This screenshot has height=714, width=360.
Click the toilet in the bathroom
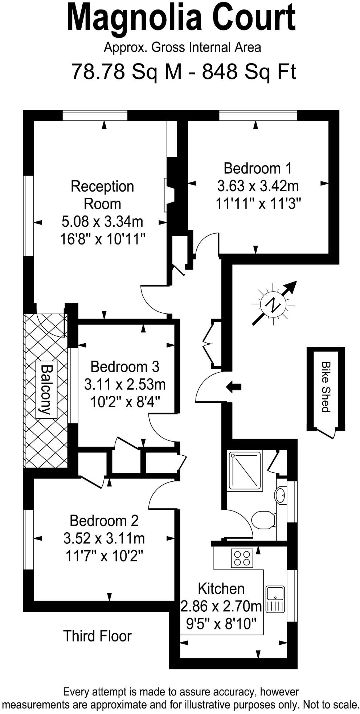263,520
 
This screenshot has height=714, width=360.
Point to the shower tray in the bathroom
245,471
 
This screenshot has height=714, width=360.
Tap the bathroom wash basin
281,495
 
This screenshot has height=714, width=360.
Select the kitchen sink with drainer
275,599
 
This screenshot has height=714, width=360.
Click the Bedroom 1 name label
257,168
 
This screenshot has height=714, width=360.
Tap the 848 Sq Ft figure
249,71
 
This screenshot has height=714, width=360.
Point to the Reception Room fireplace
168,195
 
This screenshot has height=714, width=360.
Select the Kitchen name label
221,588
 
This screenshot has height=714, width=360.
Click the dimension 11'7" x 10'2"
104,555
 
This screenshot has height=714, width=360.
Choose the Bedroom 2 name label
104,521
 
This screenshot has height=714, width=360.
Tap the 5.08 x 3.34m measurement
102,221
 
